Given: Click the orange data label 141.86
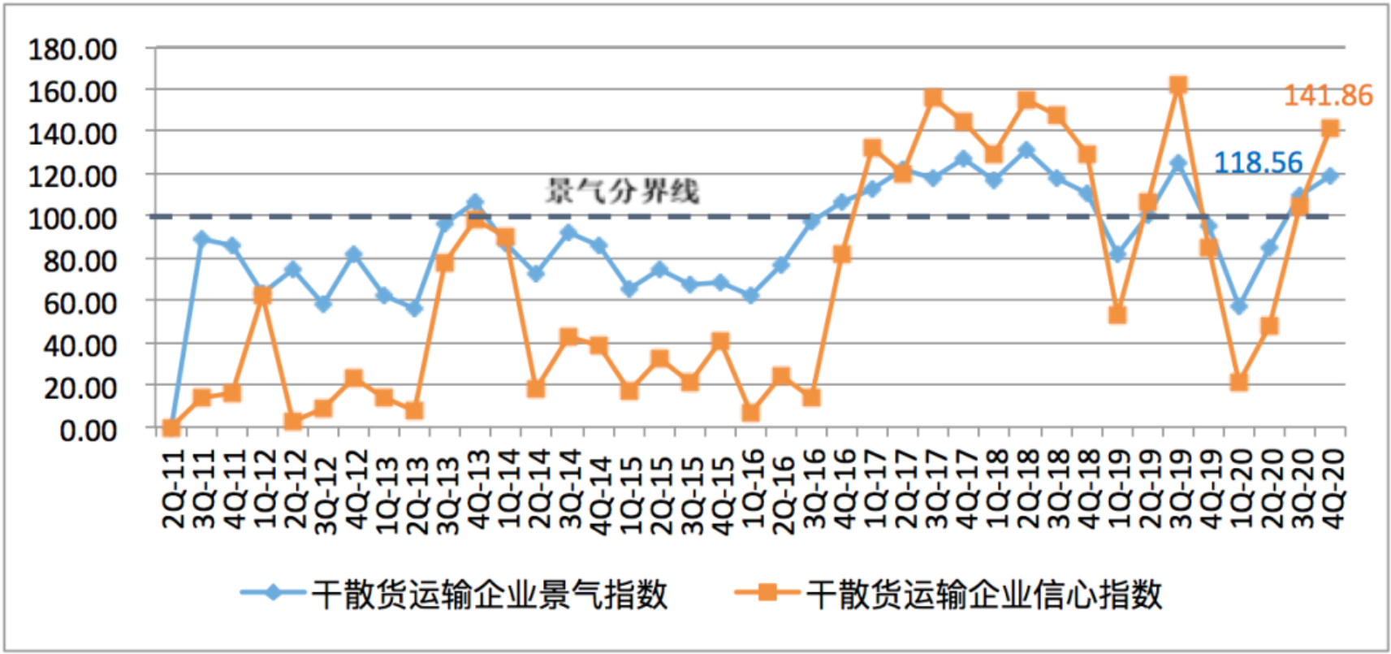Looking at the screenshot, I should (x=1328, y=96).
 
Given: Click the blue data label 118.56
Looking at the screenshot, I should (x=1257, y=162).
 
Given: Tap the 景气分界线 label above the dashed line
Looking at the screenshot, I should (x=621, y=192).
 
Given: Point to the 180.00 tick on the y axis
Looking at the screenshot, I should (x=72, y=50).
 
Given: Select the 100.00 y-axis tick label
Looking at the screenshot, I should (x=72, y=219).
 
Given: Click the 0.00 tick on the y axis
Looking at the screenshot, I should (x=88, y=430).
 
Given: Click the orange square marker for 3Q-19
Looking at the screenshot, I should (x=1178, y=85).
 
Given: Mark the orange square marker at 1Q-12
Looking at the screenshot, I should (x=262, y=296).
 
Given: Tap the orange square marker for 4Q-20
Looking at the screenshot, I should (x=1330, y=128).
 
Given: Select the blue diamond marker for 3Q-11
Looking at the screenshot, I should (x=202, y=239).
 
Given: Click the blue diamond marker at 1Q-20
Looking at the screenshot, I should (x=1238, y=306).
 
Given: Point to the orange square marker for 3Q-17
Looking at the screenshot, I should (x=933, y=98).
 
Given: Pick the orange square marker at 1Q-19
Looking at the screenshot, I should (x=1117, y=314).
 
